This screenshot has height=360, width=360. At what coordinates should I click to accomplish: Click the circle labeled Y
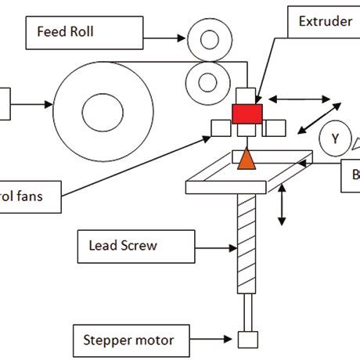pos(335,139)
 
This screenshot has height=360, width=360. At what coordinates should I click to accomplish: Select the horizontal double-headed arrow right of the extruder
pos(299,99)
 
